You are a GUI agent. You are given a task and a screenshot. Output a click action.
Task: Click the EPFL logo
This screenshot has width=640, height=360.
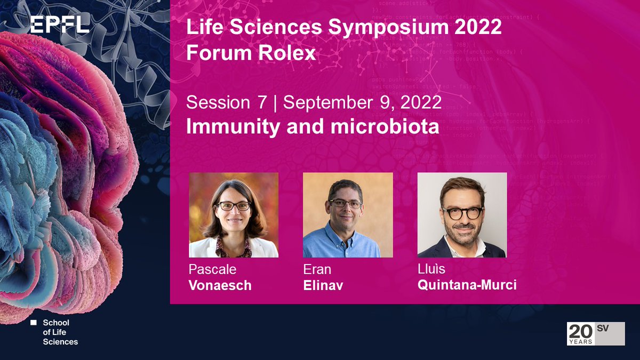pos(59,25)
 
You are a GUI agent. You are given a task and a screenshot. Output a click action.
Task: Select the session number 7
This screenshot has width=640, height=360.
pos(261,103)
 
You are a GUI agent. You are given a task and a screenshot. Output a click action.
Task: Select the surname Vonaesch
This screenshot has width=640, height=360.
pos(220,285)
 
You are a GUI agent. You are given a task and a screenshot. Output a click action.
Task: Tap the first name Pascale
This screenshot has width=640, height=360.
pos(212,270)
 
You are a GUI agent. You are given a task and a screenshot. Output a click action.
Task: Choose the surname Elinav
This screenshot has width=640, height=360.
pos(323,285)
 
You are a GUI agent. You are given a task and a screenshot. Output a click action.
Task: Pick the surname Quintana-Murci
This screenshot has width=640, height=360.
pos(467,285)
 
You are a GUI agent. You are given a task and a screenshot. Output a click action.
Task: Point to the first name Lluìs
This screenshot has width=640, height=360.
pos(431,270)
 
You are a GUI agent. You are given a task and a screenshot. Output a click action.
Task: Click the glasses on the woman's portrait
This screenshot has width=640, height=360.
pos(233,205)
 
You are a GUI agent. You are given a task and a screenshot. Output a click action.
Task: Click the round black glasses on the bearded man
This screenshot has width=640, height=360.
pos(461,212)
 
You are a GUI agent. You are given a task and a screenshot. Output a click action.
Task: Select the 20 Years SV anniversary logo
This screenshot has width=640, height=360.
pos(595,334)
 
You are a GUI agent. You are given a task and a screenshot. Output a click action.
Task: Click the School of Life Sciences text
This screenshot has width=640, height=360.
pos(60,332)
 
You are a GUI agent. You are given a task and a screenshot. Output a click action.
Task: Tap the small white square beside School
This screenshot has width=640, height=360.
pos(33,323)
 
